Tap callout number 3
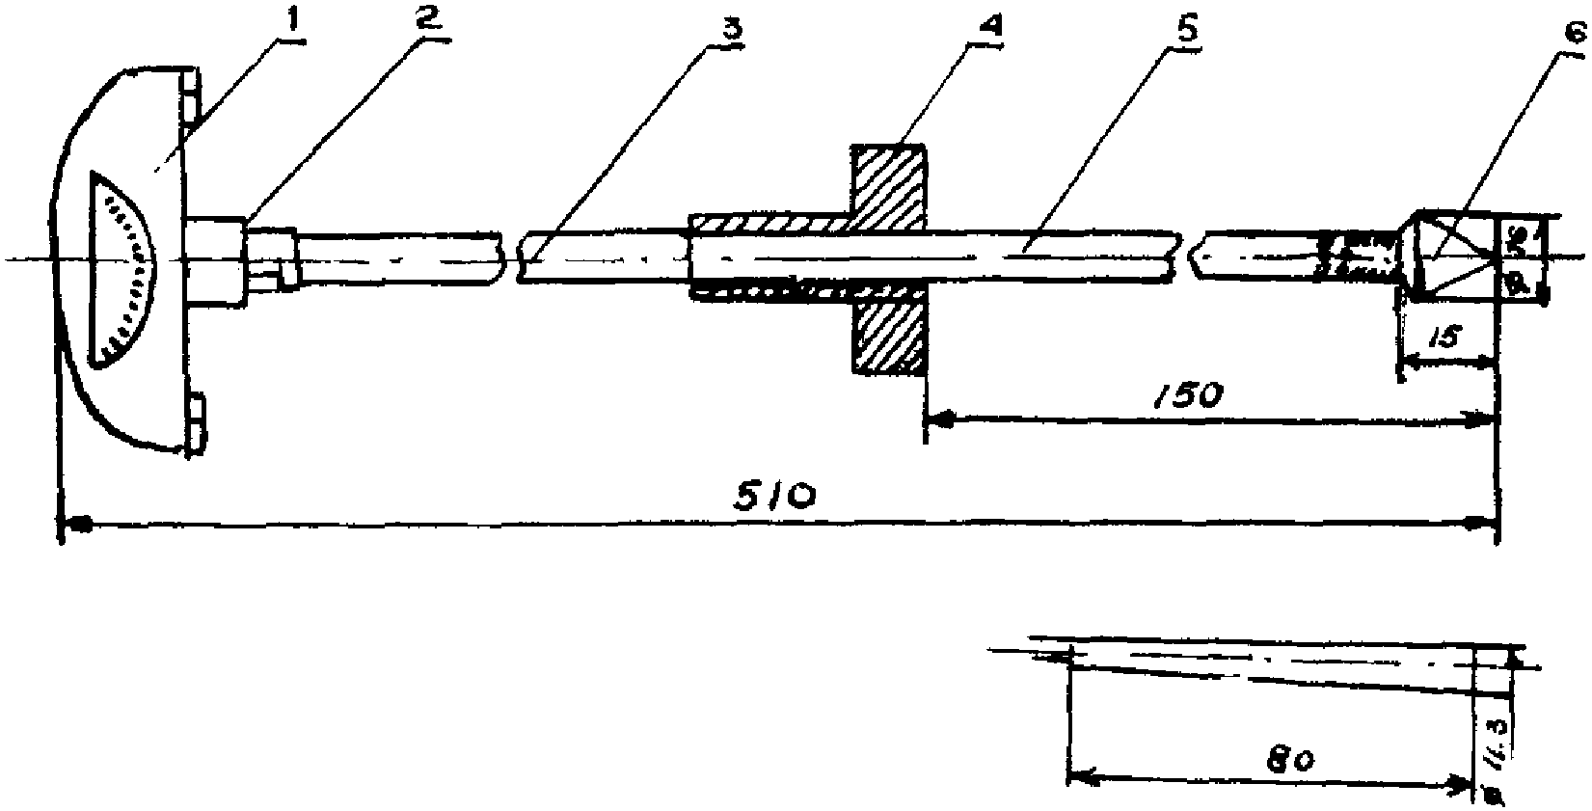coord(735,28)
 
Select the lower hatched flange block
coord(888,337)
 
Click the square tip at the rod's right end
coord(1456,256)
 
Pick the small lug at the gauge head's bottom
coord(197,422)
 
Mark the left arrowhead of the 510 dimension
coord(77,524)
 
